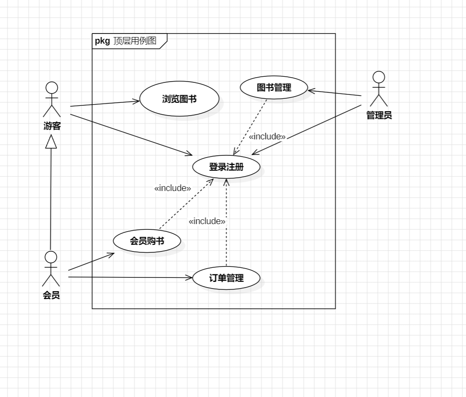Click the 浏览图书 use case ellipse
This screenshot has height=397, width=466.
[x=179, y=99]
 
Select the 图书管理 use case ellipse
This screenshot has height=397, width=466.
[x=274, y=88]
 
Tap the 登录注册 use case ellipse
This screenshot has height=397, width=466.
[x=226, y=167]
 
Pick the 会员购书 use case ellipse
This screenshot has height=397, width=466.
[x=147, y=241]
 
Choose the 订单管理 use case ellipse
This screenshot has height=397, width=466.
[x=226, y=278]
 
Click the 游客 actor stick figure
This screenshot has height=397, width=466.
[x=52, y=99]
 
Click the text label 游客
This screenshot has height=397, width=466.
[x=52, y=127]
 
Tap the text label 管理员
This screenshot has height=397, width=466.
[x=379, y=116]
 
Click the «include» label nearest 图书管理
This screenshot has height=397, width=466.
[x=267, y=137]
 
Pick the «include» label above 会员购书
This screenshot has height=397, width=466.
[x=173, y=188]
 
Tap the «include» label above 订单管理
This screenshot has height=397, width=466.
[x=207, y=221]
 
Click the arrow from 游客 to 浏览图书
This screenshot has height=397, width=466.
[x=105, y=104]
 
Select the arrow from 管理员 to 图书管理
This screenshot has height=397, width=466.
[x=335, y=93]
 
